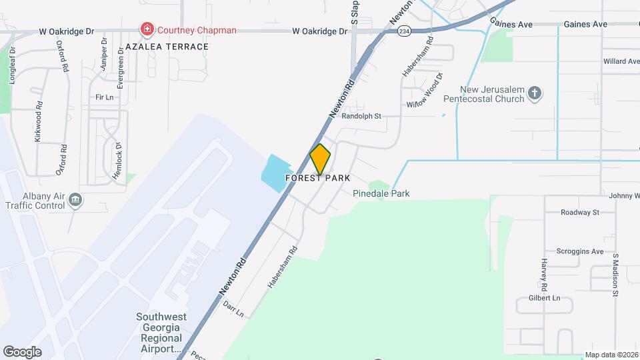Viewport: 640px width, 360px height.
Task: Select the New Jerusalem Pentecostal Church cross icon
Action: click(534, 94)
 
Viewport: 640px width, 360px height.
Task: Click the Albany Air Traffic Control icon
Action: click(75, 200)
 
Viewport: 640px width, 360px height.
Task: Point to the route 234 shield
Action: click(404, 31)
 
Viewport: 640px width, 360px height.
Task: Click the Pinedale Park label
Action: click(381, 194)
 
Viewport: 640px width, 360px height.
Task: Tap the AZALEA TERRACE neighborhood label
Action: click(167, 47)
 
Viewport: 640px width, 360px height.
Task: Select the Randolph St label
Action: click(361, 116)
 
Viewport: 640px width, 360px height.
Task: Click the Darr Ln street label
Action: click(233, 308)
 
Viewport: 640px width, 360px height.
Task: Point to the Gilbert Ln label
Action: click(544, 298)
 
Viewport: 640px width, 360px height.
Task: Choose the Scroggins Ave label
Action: click(582, 252)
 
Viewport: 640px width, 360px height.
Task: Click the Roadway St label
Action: click(580, 213)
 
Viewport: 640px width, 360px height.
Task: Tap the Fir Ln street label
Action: click(105, 97)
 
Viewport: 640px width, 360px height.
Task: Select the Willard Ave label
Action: click(621, 61)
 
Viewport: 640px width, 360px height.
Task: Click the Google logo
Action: click(22, 351)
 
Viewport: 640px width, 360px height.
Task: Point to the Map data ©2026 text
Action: click(611, 355)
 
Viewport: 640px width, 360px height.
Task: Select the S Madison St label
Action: click(616, 275)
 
